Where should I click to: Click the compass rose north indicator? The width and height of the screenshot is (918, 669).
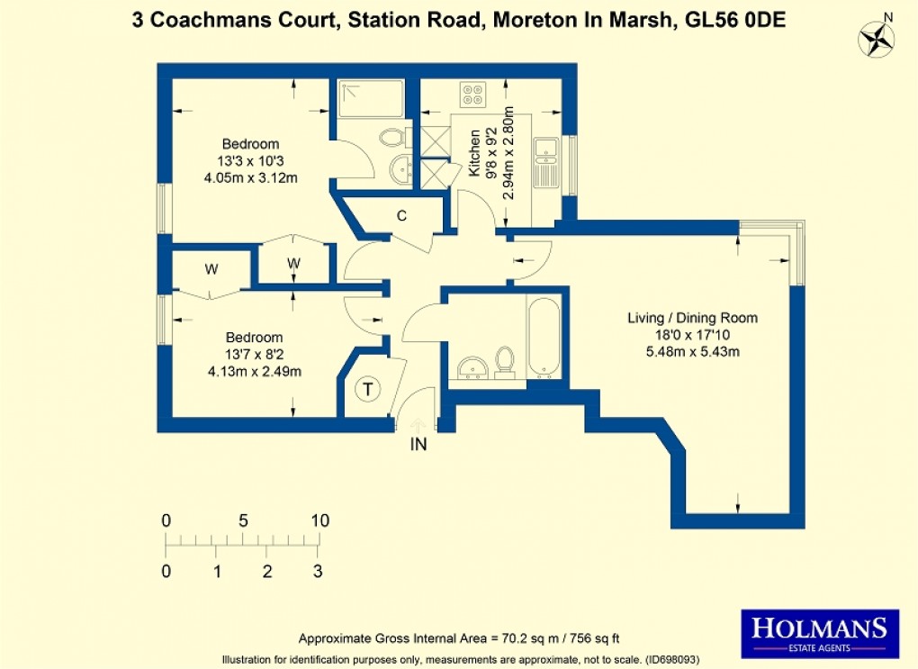click(875, 38)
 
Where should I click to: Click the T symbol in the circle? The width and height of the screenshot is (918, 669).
click(367, 390)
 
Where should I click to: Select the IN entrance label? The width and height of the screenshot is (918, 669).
click(418, 444)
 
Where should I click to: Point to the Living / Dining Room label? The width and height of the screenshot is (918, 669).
click(692, 318)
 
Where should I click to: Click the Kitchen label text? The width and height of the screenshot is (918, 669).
click(474, 152)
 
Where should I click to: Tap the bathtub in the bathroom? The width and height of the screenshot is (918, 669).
click(544, 338)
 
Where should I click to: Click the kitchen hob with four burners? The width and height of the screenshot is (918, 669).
click(472, 92)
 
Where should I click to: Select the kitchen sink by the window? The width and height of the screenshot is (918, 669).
click(545, 163)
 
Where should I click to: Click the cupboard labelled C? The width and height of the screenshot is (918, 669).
click(402, 216)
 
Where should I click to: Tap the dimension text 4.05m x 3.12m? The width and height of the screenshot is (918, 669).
click(251, 177)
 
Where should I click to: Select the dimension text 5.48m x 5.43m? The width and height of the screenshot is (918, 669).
click(692, 352)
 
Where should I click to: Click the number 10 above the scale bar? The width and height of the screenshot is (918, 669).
click(319, 520)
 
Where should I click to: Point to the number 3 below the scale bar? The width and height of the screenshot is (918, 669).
click(317, 571)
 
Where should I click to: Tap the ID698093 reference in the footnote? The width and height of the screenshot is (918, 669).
click(676, 659)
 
